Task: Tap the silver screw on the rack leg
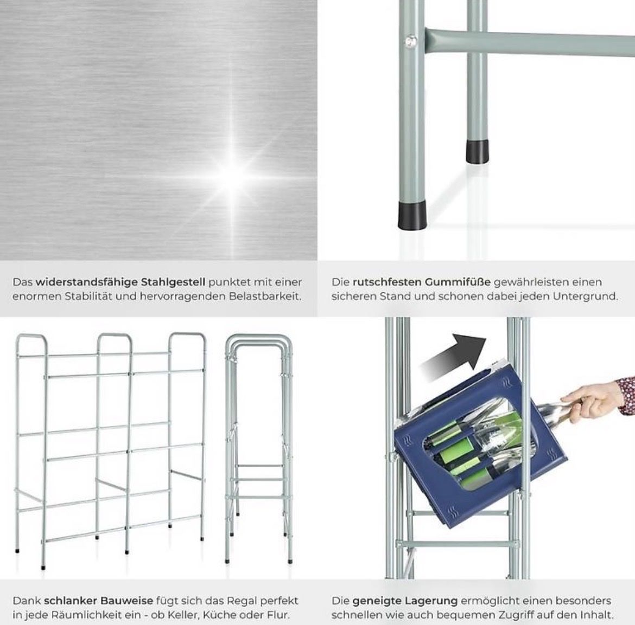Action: [411, 41]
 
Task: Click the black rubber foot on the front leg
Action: [411, 216]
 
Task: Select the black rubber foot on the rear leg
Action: [477, 152]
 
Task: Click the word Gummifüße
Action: [458, 282]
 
